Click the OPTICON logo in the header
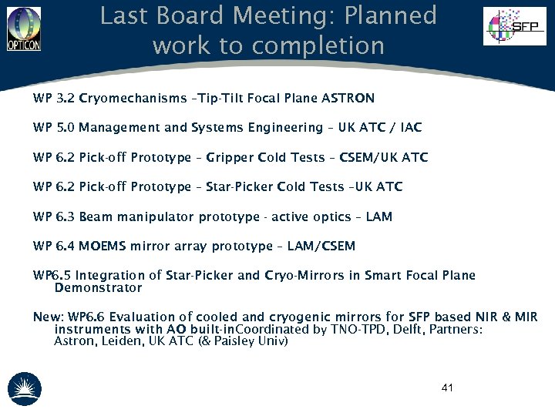tap(23, 29)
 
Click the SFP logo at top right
tap(514, 26)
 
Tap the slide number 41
tap(447, 387)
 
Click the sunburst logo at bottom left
tap(24, 390)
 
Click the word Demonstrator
tap(99, 288)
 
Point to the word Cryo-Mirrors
tap(303, 275)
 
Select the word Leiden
tap(123, 341)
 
